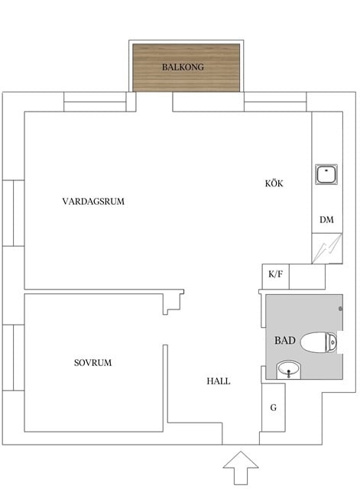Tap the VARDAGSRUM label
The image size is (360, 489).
pos(93,202)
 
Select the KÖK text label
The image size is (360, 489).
pos(274,183)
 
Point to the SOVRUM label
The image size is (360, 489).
pos(92,362)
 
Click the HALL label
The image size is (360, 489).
pos(218,381)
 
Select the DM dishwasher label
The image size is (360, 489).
pos(326,220)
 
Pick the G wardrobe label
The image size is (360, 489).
pos(273,408)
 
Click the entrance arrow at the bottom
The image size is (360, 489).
pos(241,467)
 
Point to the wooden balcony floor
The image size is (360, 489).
pos(186,79)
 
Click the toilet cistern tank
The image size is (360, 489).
pos(331,342)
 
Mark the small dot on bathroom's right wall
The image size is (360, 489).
pos(339,308)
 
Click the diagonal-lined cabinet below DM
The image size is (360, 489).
pos(325,248)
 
